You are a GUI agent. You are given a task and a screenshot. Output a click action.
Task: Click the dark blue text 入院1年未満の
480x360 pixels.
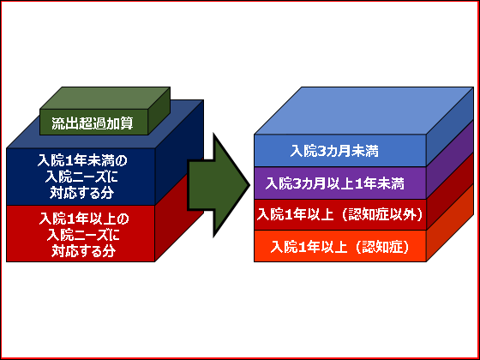pyautogui.click(x=82, y=159)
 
